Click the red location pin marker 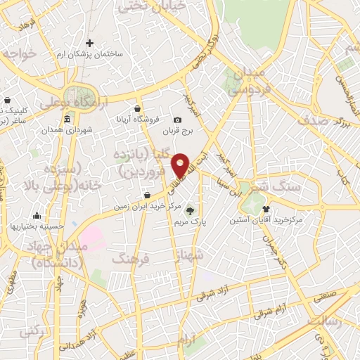181,165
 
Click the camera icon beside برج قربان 177,120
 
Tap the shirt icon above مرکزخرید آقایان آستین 266,209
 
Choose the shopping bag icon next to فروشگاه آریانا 136,109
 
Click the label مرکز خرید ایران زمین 144,207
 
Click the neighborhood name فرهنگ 131,259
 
